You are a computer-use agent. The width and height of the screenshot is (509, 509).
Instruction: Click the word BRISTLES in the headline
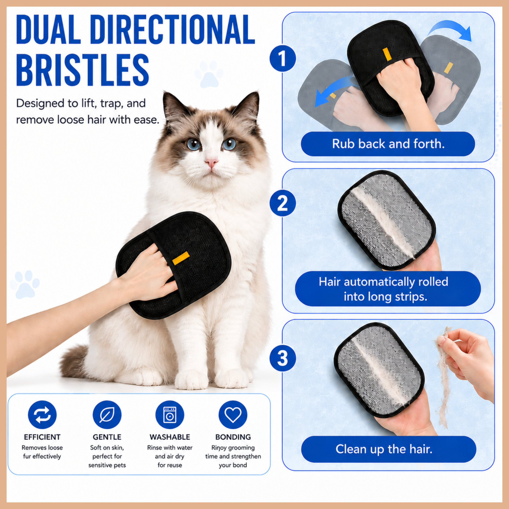(82, 70)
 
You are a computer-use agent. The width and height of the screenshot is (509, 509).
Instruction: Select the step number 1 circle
(282, 58)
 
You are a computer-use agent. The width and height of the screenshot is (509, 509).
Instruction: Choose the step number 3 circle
(282, 359)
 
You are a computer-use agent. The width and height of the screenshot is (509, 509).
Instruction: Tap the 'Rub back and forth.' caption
(388, 144)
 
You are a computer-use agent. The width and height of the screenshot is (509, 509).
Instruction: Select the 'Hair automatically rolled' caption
(384, 282)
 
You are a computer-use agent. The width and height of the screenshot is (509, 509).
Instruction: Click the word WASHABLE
(170, 437)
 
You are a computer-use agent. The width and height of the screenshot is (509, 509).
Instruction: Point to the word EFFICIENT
(42, 437)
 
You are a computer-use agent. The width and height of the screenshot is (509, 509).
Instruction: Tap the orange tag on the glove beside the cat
(181, 258)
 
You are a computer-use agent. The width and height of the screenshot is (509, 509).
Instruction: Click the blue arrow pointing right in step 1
(450, 30)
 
